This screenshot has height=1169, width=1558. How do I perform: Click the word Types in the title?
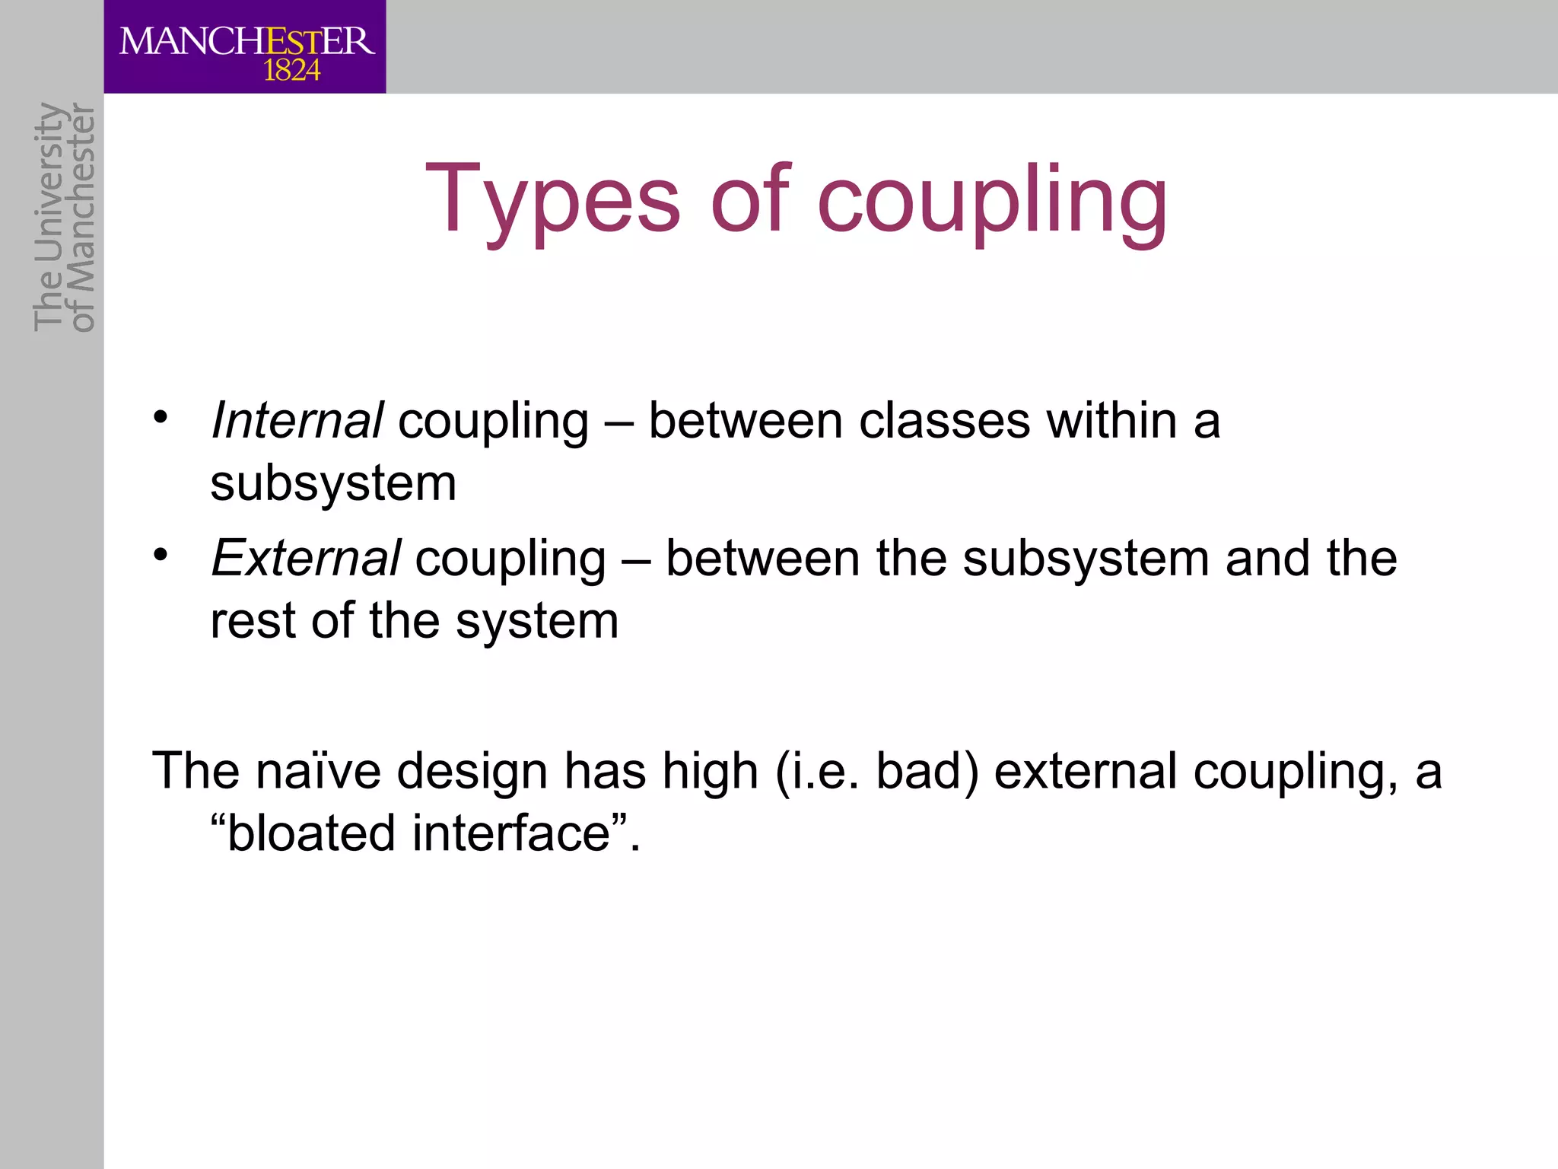[x=552, y=199]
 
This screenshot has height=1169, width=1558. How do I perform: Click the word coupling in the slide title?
[x=992, y=199]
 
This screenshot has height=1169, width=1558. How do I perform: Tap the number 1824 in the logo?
[x=291, y=71]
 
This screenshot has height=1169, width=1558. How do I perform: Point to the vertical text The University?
[x=48, y=217]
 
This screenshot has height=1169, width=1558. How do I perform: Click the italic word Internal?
[x=297, y=420]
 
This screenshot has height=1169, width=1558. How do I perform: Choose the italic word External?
[x=305, y=558]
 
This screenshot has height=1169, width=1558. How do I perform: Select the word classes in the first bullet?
[x=944, y=420]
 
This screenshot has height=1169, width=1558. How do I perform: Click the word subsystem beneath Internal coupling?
[x=333, y=483]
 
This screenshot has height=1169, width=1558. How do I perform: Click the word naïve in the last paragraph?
[x=318, y=770]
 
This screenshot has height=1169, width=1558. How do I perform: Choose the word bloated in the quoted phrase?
[x=311, y=833]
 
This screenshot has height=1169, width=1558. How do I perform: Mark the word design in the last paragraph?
[x=472, y=770]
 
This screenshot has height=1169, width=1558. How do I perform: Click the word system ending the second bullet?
[x=537, y=620]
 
